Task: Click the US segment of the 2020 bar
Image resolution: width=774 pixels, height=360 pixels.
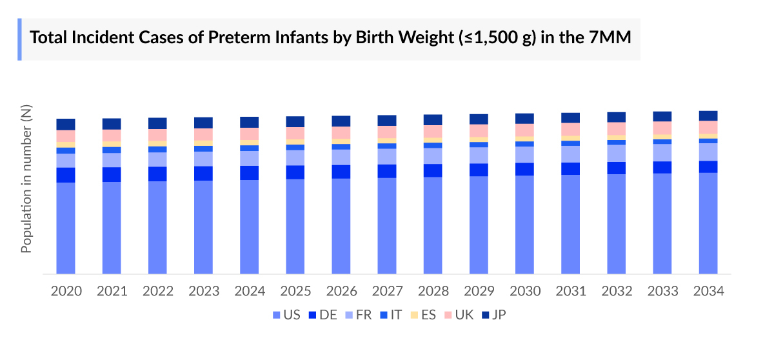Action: point(66,228)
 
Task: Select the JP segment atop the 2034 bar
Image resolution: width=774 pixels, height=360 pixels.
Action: point(708,115)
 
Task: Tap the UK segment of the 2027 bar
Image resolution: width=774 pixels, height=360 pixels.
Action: point(387,132)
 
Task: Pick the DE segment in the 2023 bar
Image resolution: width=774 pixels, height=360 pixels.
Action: point(204,173)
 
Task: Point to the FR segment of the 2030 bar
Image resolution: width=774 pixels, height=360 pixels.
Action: point(525,154)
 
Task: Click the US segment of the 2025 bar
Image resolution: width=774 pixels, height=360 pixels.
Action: point(295,226)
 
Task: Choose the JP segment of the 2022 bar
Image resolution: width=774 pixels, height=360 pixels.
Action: point(157,123)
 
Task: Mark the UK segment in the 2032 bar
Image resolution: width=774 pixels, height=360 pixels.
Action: point(617,128)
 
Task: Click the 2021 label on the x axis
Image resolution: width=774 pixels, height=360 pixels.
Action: point(112,291)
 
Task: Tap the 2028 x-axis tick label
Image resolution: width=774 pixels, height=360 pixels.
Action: point(433,291)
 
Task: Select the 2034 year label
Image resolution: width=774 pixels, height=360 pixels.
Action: point(708,291)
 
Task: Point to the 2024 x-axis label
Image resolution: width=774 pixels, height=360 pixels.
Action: point(250,291)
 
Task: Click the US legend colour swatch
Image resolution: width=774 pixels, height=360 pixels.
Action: point(276,315)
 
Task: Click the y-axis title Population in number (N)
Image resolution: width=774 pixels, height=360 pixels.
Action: point(26,179)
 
